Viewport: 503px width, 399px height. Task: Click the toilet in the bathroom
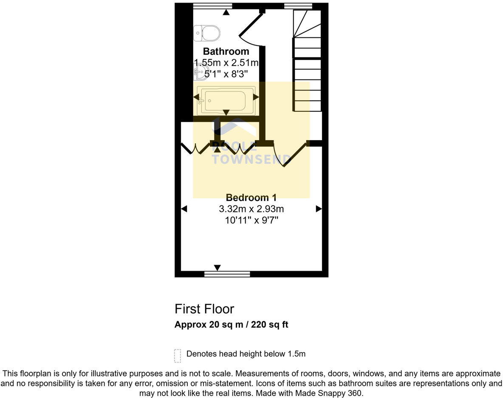(207, 33)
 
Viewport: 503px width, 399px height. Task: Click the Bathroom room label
(226, 52)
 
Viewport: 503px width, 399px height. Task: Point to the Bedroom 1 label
(251, 198)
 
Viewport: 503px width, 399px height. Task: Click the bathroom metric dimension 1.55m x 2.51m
(226, 63)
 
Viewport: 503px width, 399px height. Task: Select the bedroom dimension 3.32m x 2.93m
(251, 209)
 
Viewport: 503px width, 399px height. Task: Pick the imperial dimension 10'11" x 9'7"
(251, 220)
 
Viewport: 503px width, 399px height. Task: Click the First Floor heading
(204, 308)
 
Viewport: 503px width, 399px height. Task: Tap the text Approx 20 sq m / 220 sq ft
(231, 325)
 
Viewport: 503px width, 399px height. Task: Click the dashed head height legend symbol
(178, 355)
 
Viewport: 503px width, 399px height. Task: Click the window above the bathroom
(212, 6)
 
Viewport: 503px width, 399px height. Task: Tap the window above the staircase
(298, 6)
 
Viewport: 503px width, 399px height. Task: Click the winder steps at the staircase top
(307, 23)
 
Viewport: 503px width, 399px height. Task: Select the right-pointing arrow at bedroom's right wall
(319, 209)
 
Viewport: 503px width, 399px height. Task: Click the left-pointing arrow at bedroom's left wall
(184, 209)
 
